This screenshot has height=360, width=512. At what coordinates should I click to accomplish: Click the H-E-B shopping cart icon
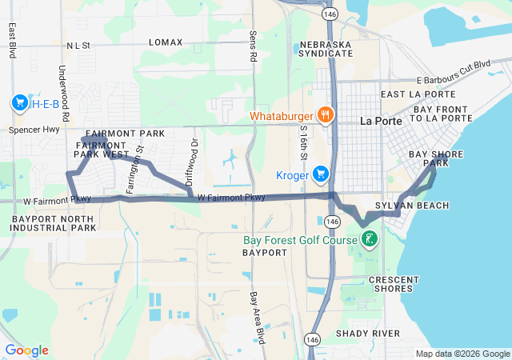[x=19, y=102]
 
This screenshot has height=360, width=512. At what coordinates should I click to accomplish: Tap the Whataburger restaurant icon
[x=324, y=115]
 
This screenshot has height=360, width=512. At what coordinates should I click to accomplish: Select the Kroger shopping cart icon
[x=321, y=174]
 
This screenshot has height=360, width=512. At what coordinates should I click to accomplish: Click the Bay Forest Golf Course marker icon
[x=370, y=238]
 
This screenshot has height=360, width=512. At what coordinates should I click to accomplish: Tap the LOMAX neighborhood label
[x=166, y=42]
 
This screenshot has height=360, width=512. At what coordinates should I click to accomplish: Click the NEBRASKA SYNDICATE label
[x=326, y=49]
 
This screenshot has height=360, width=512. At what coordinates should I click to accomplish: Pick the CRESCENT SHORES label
[x=393, y=284]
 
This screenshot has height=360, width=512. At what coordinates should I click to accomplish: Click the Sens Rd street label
[x=253, y=47]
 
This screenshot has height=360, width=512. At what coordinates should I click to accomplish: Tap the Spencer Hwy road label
[x=34, y=129]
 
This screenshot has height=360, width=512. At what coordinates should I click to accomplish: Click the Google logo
[x=26, y=350]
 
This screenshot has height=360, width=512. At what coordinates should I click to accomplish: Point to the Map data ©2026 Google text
[x=462, y=354]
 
